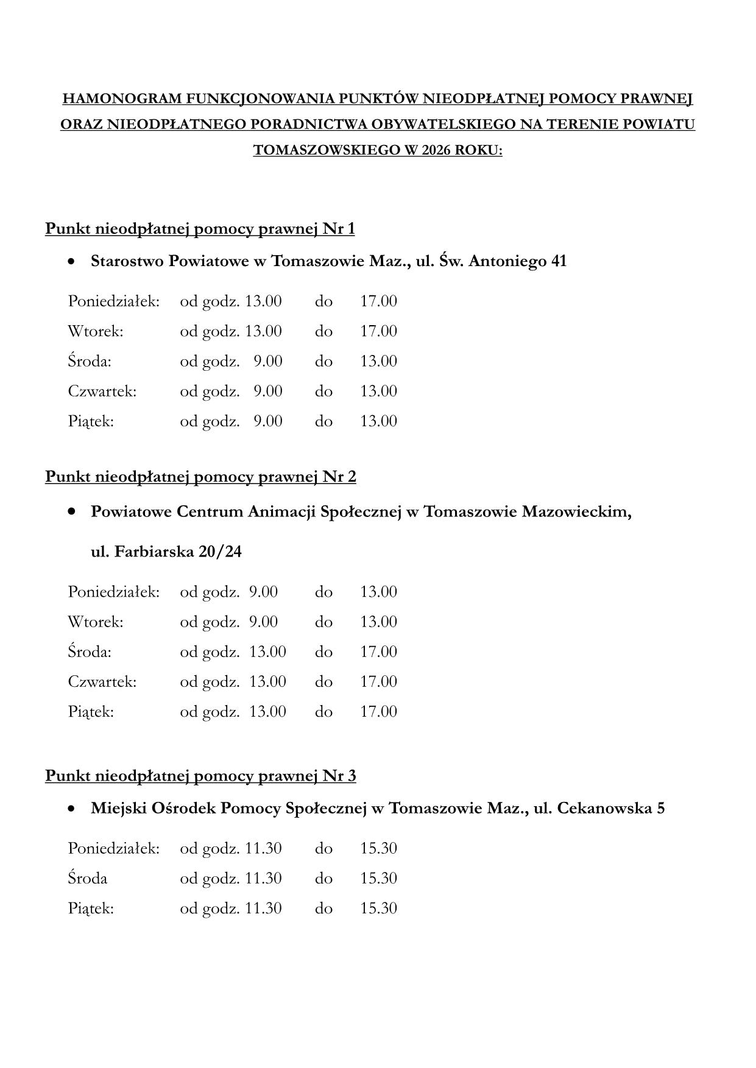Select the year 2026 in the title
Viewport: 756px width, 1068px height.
[434, 150]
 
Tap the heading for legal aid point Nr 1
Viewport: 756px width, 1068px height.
[200, 229]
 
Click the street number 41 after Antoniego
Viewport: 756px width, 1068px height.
[558, 261]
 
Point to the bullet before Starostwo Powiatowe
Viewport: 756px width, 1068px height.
[72, 262]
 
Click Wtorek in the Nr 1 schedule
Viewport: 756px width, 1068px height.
[96, 331]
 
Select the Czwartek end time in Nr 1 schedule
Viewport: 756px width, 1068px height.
[378, 391]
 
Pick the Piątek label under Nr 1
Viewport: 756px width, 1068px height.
[91, 421]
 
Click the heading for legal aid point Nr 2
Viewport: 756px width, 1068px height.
[200, 476]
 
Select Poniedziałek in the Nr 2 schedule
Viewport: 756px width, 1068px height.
[113, 592]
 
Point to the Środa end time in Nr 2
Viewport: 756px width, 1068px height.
[378, 652]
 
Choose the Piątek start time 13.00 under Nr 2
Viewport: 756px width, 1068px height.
[267, 712]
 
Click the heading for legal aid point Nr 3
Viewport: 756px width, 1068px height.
[200, 776]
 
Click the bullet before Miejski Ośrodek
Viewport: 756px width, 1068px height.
[72, 809]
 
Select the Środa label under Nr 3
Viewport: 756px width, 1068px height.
[88, 878]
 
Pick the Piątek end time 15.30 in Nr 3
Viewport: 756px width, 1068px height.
[378, 908]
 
